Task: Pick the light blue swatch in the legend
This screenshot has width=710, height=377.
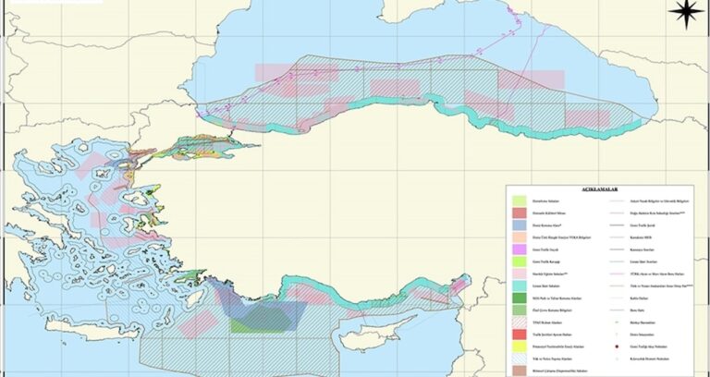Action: point(519,225)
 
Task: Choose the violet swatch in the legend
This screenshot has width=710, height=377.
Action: point(519,249)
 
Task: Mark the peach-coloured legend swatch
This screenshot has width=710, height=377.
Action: point(519,237)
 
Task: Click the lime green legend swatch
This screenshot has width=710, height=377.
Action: point(519,262)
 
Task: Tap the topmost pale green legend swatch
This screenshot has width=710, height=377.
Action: point(519,200)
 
